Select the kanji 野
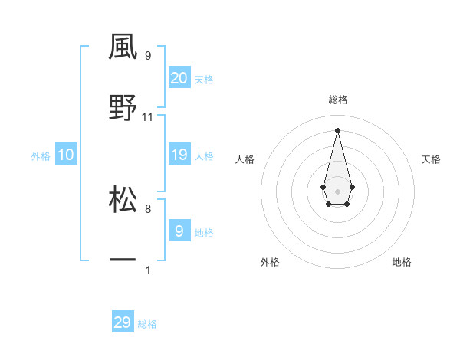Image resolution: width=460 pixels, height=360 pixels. [123, 108]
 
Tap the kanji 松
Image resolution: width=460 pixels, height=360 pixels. [123, 198]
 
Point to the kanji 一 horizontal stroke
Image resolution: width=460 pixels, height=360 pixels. [123, 261]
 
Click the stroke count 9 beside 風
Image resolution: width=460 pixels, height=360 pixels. [147, 56]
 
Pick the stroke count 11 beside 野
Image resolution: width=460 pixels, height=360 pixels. [148, 117]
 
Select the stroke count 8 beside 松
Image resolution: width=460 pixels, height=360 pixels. [147, 208]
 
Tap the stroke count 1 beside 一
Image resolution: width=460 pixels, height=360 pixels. [147, 270]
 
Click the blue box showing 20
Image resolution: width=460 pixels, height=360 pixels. [179, 77]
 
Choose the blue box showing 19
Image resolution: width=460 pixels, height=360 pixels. [179, 155]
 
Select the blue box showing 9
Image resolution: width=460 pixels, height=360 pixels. [179, 231]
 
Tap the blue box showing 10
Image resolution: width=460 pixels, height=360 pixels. [66, 155]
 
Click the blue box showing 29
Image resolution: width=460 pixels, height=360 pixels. [123, 322]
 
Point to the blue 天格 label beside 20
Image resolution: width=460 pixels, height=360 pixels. [204, 79]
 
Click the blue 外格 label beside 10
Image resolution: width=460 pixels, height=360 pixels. [41, 155]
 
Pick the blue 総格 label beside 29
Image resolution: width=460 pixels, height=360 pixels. [147, 324]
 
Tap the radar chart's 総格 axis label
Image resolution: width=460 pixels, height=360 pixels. [337, 100]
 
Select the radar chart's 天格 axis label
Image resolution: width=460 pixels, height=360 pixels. [432, 159]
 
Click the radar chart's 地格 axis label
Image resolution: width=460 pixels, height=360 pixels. [402, 262]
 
